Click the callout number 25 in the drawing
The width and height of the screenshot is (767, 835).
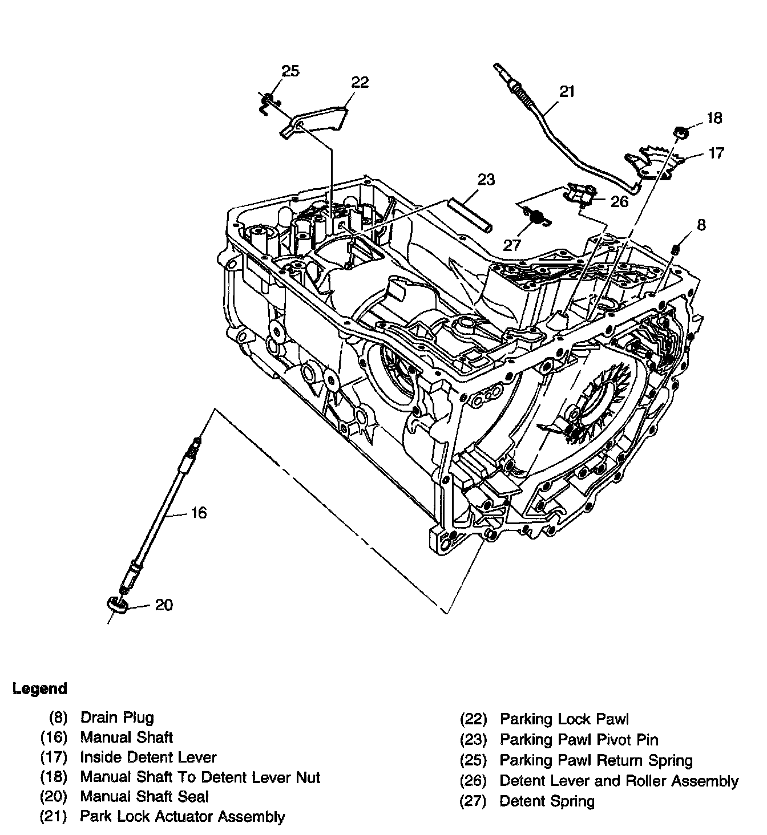coord(290,71)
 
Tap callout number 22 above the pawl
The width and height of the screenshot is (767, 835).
coord(360,82)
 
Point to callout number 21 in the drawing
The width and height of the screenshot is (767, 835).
coord(567,91)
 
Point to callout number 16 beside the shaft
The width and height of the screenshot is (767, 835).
coord(198,513)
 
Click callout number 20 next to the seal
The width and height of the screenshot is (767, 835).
coord(164,605)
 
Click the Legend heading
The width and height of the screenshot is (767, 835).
coord(39,688)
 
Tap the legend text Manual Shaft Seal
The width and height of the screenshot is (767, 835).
coord(144,796)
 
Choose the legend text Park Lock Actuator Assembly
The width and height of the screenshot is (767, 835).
coord(182,816)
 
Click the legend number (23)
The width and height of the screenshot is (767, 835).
coord(474,740)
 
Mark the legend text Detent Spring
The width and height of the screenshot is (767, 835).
coord(547,801)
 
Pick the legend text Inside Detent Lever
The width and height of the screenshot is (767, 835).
coord(148,757)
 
